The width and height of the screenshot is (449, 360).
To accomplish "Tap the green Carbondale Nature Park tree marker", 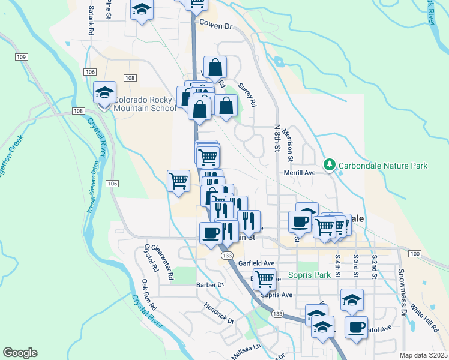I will coord(329,164).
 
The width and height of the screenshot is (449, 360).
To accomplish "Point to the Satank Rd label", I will coord(91,20).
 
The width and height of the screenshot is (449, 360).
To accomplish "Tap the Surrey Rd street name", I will coord(247,94).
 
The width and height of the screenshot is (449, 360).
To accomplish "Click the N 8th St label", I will coord(277,140).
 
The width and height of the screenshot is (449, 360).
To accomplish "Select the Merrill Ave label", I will coord(300,173).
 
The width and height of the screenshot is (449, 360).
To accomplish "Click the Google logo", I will coord(20,353).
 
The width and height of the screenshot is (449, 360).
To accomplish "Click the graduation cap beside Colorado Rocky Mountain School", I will coord(104,93).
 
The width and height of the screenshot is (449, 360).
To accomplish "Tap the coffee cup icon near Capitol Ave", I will coord(356,327).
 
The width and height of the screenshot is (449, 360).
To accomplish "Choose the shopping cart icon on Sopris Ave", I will coord(264,278).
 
